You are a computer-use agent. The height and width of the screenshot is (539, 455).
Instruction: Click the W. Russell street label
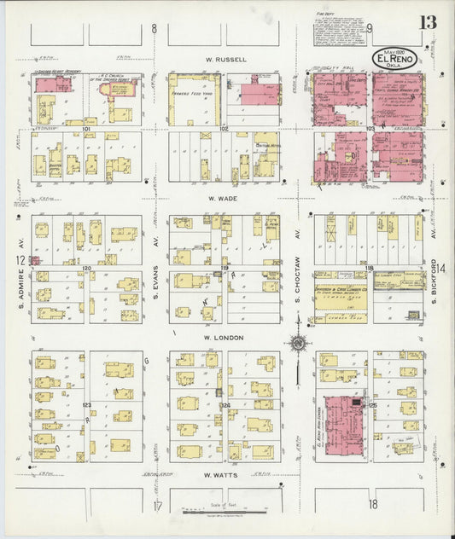click(x=225, y=60)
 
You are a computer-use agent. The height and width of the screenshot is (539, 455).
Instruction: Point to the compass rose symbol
click(x=298, y=344)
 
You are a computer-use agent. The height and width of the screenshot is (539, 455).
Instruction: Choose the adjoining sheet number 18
click(x=373, y=505)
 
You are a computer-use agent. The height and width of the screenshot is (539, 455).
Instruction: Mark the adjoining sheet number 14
click(x=442, y=269)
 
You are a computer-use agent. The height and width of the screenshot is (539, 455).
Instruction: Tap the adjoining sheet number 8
click(x=155, y=29)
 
